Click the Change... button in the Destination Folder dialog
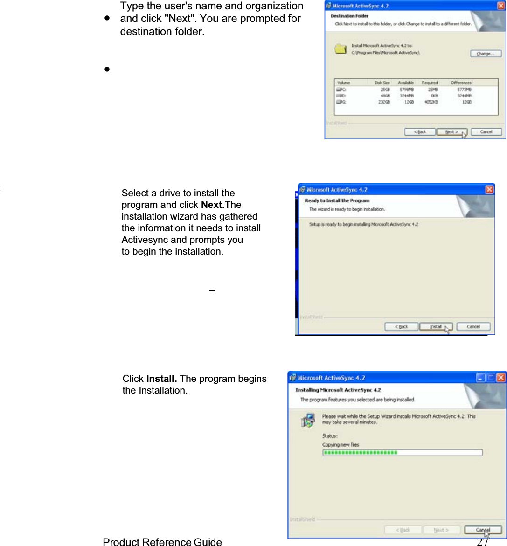[485, 54]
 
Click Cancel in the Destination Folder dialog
[486, 132]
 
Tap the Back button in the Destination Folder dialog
[420, 132]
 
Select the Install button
[436, 327]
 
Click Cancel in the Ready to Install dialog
[473, 327]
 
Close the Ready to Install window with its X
[489, 189]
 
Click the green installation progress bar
[402, 452]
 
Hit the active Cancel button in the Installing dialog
[483, 530]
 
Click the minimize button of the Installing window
[480, 378]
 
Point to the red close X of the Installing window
[501, 378]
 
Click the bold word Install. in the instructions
[161, 379]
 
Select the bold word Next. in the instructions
[213, 205]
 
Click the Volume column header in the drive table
[344, 83]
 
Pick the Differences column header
[461, 83]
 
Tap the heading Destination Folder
[349, 16]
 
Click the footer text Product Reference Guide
[162, 542]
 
